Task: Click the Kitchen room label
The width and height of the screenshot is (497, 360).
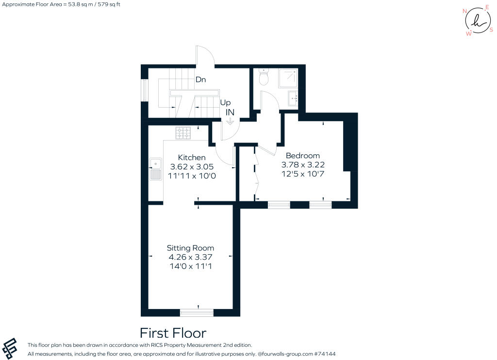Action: pos(191,158)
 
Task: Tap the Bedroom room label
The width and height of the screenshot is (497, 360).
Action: pos(303,156)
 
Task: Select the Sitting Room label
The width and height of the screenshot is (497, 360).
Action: pos(190,248)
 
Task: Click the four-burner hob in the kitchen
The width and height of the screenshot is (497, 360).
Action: pos(183,133)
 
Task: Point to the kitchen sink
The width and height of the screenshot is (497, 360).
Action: pos(155,169)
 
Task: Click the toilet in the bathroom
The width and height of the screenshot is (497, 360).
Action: pos(264,76)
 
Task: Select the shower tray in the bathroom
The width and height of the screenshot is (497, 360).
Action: pos(288,78)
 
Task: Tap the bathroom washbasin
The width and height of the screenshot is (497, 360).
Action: pos(293,98)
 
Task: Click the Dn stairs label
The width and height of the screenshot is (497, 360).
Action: pos(200,80)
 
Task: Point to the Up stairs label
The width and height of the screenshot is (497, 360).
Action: pos(225,103)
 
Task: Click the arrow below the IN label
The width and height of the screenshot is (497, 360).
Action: pos(230,121)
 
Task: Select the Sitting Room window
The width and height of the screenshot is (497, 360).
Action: pos(197,313)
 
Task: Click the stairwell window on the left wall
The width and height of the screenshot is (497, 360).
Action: pos(145,90)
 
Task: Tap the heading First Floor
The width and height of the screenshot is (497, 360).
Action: pos(173,333)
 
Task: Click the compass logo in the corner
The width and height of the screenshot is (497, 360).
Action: pos(478,20)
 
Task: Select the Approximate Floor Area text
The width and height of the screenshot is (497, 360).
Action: pos(61,4)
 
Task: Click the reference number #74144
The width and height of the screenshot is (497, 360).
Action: pos(325,354)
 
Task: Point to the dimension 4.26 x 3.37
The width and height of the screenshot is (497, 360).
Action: pos(190,257)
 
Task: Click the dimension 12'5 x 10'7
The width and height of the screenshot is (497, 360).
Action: pos(303,174)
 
